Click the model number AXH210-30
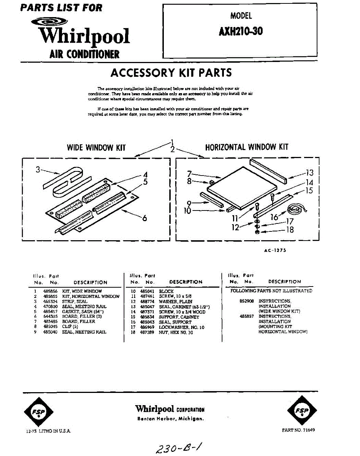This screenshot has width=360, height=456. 240,31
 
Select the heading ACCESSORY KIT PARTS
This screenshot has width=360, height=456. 171,73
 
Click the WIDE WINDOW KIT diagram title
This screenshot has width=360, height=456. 96,147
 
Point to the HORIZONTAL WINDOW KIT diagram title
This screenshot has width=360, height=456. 247,147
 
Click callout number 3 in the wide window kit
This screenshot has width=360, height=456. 38,170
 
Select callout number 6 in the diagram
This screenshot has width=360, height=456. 144,218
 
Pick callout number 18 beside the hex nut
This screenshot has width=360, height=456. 290,230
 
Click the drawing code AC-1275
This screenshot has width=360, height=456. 275,250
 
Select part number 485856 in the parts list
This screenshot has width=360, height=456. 50,291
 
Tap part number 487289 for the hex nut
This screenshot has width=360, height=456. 147,332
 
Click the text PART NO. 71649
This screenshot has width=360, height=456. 298,430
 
